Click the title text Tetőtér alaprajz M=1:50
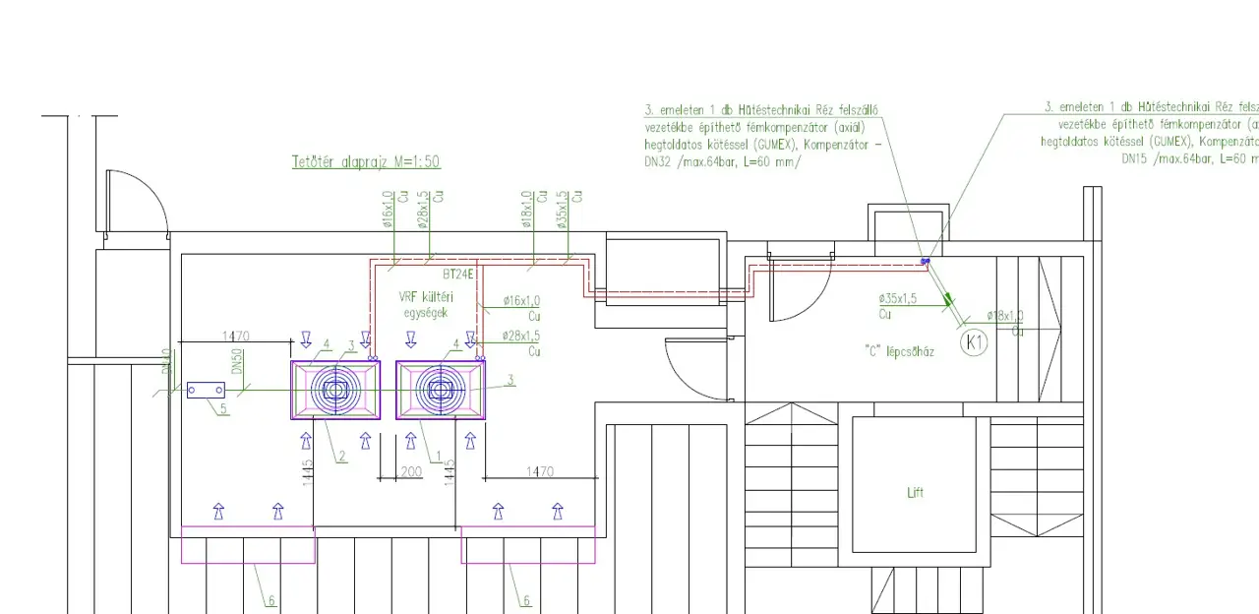click(x=366, y=161)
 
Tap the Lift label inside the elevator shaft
click(x=916, y=493)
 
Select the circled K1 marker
click(x=974, y=342)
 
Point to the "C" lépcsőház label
click(x=899, y=351)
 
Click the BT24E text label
click(x=458, y=275)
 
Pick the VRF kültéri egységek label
click(x=424, y=304)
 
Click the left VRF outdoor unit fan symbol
click(x=334, y=391)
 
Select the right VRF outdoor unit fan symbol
click(x=441, y=391)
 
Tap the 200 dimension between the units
click(x=410, y=472)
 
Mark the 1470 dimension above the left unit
click(x=236, y=337)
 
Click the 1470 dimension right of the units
click(x=540, y=472)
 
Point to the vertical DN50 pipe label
click(x=237, y=361)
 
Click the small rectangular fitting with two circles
click(x=206, y=391)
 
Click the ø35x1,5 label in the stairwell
click(x=898, y=298)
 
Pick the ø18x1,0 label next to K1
click(x=1004, y=316)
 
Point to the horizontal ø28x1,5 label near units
click(x=521, y=336)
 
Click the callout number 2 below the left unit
click(x=342, y=456)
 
